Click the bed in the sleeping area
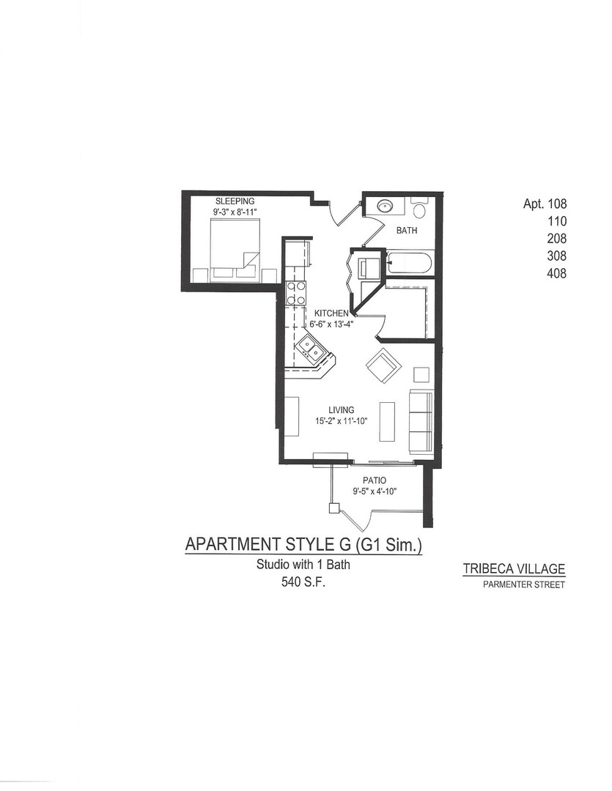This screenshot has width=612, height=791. [x=234, y=249]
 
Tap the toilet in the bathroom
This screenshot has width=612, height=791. [x=419, y=210]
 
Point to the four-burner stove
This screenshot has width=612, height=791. [x=295, y=293]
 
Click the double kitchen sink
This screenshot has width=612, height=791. [x=311, y=350]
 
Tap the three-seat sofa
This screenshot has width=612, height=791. [x=421, y=422]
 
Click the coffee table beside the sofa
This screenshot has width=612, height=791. [x=387, y=422]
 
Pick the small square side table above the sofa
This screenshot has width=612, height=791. [x=421, y=375]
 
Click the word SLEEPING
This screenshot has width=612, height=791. [x=235, y=201]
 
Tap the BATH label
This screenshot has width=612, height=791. [x=407, y=231]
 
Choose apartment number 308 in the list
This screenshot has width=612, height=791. [x=556, y=256]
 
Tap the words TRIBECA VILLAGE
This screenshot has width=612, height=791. [x=514, y=569]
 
